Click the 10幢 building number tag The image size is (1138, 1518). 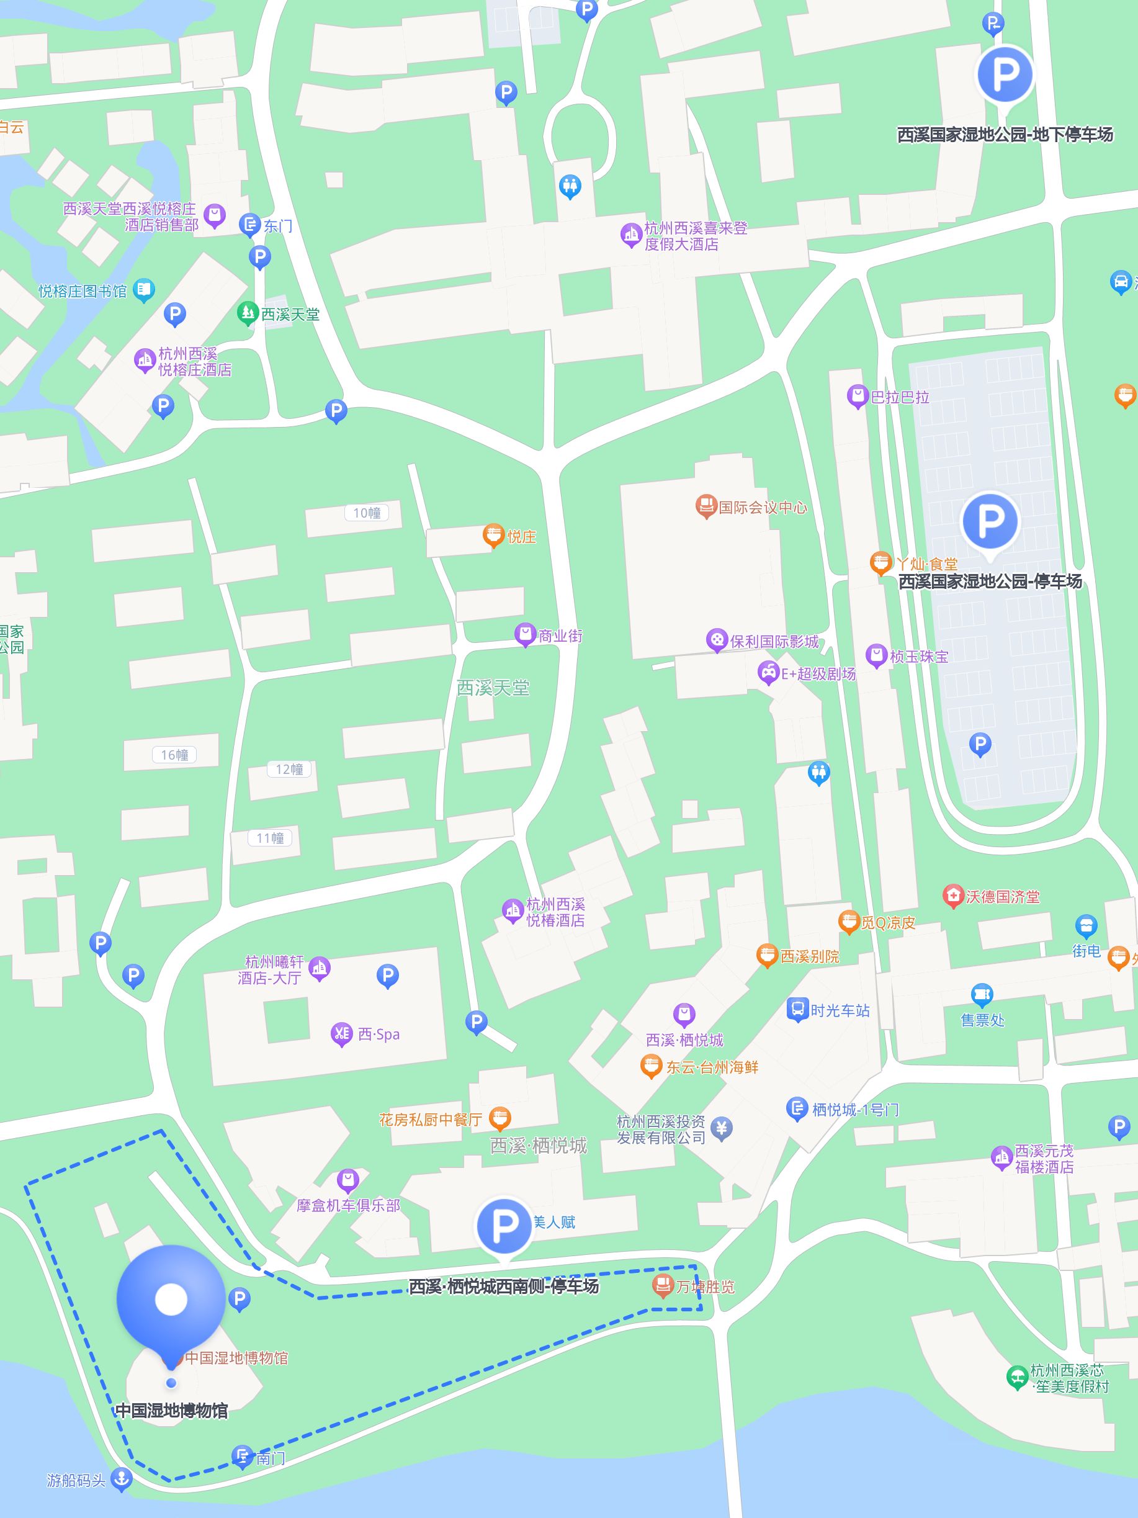366,513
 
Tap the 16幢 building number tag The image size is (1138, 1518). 174,755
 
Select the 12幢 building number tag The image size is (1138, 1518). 289,770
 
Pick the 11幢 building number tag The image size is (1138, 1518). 269,838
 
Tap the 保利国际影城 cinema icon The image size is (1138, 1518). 716,641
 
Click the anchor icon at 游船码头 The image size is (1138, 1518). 122,1478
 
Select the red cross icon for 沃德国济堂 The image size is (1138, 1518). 953,896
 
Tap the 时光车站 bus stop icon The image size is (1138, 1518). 798,1010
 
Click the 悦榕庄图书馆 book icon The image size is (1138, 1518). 143,290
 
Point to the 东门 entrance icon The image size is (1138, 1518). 249,225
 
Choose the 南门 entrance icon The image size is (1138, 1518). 242,1455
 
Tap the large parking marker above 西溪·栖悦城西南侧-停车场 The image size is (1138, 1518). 504,1225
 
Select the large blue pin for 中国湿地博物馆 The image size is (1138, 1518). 171,1300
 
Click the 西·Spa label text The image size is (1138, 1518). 379,1034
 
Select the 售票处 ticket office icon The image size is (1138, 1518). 982,994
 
